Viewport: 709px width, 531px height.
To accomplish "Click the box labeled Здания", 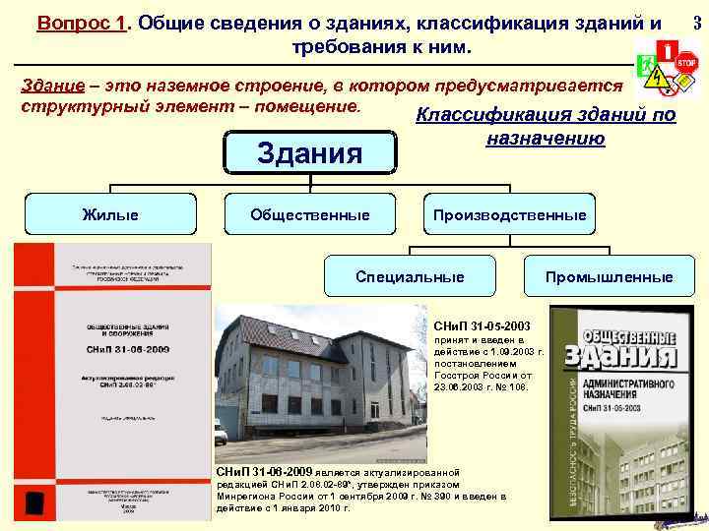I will coord(308,152).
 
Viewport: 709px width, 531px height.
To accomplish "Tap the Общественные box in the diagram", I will coord(309,214).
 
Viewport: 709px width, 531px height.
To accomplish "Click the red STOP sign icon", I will coord(685,60).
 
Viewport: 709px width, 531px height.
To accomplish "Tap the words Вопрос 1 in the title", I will coord(83,23).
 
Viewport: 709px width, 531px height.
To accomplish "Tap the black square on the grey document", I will coord(34,502).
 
